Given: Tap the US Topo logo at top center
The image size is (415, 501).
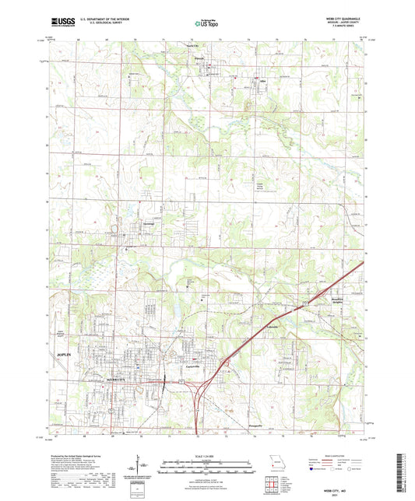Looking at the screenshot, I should tap(205, 25).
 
